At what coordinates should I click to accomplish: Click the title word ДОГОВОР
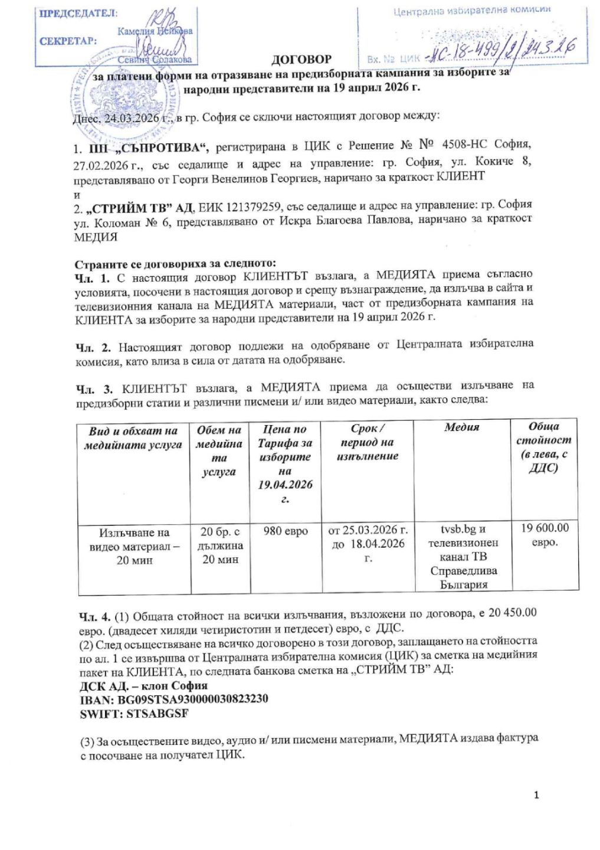point(301,59)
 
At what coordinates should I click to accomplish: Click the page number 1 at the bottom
point(536,795)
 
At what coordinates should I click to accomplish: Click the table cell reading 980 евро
point(286,531)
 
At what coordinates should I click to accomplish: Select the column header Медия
point(461,427)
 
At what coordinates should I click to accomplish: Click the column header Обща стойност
point(544,447)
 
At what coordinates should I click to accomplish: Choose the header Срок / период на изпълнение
point(368,442)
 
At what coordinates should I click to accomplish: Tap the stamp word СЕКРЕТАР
point(67,41)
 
